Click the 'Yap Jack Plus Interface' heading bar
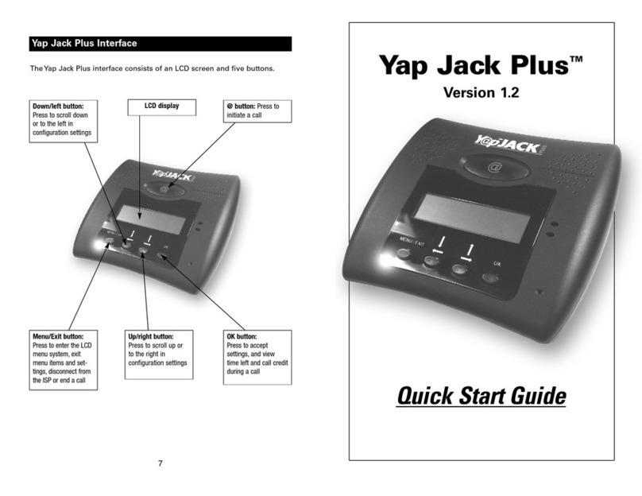tap(159, 43)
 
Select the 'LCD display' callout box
tap(161, 106)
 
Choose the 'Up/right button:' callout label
tap(151, 336)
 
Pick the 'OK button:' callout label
tap(242, 336)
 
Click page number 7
tap(160, 463)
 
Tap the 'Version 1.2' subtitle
tap(481, 92)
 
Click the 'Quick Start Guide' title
tap(481, 395)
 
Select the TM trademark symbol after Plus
tap(582, 64)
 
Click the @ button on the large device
tap(494, 168)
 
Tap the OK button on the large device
tap(492, 277)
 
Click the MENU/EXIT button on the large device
tap(404, 253)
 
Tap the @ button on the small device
tap(163, 188)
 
